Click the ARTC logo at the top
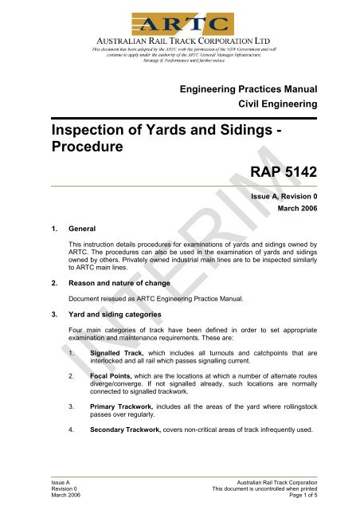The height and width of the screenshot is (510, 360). (179, 22)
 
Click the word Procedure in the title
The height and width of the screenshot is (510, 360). (79, 151)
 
